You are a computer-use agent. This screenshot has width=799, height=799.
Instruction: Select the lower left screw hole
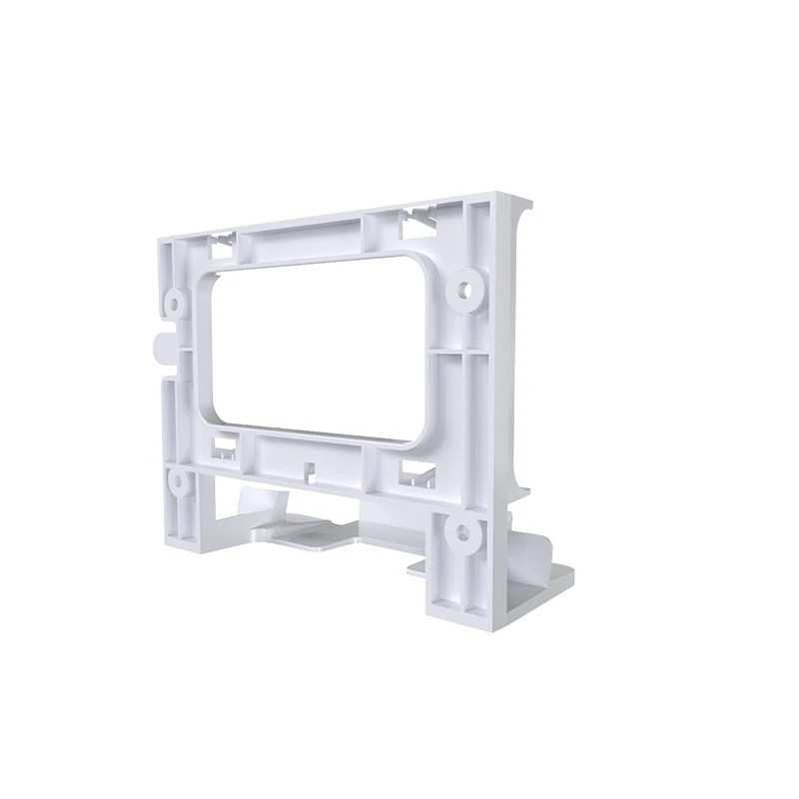pyautogui.click(x=177, y=481)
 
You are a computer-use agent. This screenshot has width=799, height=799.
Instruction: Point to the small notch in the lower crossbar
pyautogui.click(x=309, y=466)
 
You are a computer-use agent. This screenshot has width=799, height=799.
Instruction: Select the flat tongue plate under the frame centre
pyautogui.click(x=315, y=539)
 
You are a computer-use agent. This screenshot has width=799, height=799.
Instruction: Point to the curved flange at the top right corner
pyautogui.click(x=520, y=215)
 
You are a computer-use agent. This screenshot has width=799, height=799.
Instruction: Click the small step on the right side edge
pyautogui.click(x=515, y=489)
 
